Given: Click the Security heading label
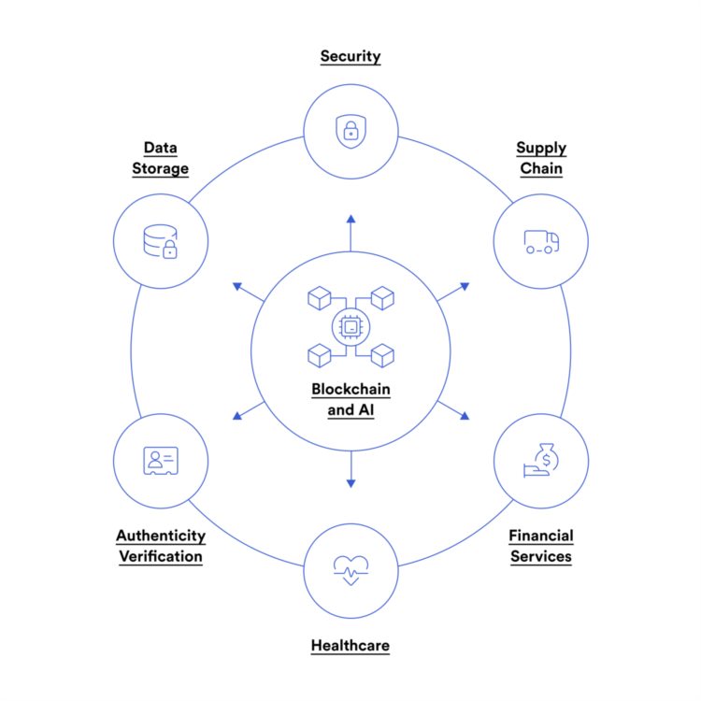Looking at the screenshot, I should click(350, 56).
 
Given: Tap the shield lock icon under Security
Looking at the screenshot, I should click(350, 130).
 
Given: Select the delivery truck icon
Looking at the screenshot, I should click(541, 241).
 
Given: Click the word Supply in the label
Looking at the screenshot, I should click(541, 148).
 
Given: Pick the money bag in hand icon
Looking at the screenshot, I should click(540, 461).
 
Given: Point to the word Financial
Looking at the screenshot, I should click(541, 536).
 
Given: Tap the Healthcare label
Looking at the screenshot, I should click(350, 645).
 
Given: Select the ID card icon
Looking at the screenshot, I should click(161, 460).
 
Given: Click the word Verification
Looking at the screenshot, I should click(161, 556).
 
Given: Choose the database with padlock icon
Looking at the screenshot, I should click(161, 240).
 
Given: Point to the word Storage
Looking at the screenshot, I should click(161, 169).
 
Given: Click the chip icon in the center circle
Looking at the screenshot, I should click(350, 326).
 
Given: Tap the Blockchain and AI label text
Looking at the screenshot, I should click(350, 399).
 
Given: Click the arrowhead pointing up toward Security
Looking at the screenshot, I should click(350, 220).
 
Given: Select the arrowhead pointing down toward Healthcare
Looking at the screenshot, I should click(350, 482).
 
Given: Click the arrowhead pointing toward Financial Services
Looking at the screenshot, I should click(465, 416).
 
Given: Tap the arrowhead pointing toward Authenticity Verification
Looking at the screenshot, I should click(236, 416).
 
